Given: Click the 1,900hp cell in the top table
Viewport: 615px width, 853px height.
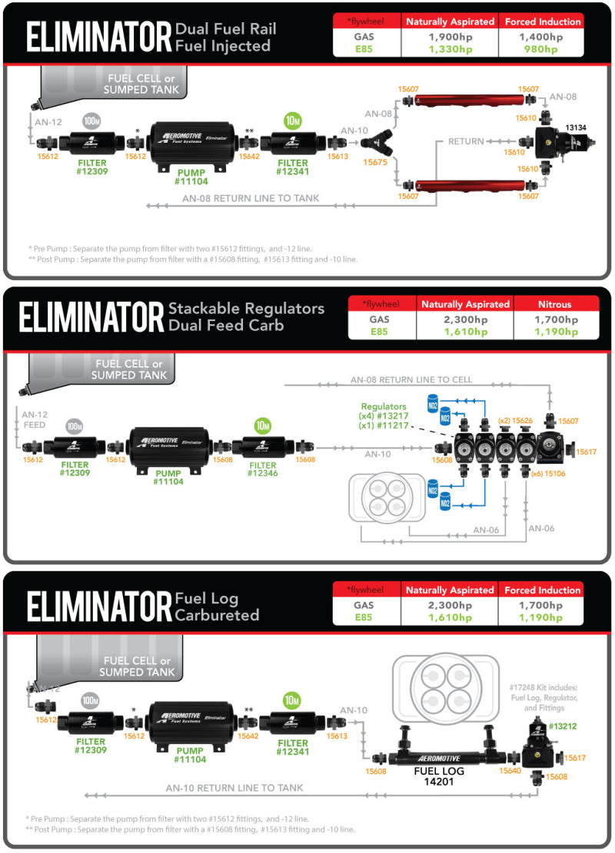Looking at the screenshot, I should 448,36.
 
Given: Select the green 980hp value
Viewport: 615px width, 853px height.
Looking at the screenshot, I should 540,49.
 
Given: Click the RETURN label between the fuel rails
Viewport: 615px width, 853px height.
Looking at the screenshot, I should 467,141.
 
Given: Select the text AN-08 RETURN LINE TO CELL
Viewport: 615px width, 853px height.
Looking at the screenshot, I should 411,379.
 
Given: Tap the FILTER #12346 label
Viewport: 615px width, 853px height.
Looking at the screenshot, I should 263,469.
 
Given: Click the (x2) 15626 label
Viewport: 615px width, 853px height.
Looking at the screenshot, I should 515,421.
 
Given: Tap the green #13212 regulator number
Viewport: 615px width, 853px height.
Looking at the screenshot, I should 562,726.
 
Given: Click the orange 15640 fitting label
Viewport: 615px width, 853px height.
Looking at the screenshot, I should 510,770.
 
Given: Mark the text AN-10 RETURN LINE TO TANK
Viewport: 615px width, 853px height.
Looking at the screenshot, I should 234,788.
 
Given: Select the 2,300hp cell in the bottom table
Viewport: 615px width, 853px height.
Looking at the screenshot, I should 449,604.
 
